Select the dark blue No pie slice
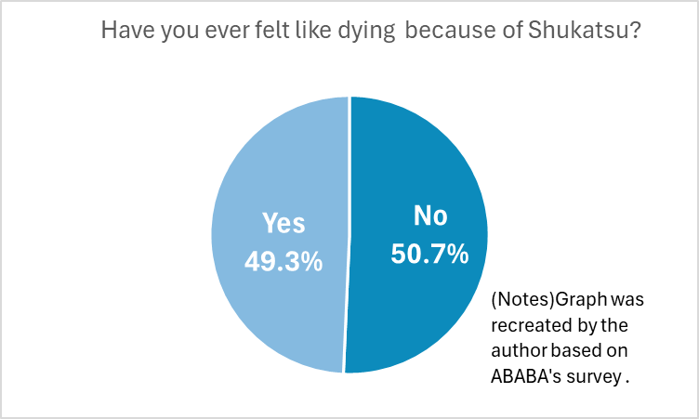418,307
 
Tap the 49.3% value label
284,262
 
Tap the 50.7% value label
429,254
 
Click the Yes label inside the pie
284,224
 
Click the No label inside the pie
429,216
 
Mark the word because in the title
442,30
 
